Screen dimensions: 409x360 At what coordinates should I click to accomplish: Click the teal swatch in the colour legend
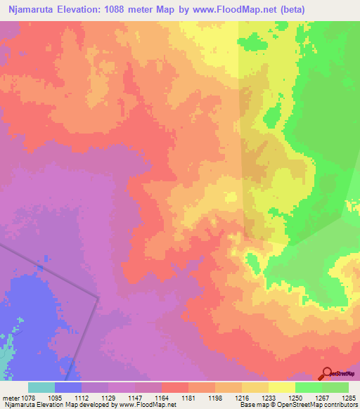[41, 387]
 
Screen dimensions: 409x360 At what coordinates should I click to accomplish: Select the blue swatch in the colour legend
[68, 387]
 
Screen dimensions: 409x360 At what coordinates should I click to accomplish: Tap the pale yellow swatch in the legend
[282, 387]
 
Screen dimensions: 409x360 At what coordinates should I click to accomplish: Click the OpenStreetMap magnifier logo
[326, 373]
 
